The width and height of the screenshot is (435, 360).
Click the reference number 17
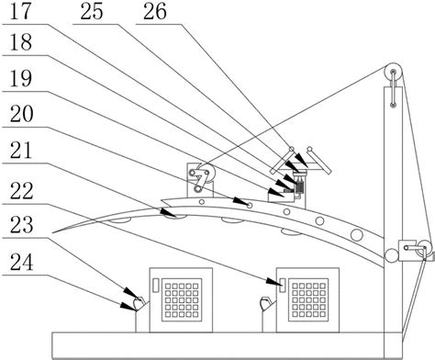point(21,12)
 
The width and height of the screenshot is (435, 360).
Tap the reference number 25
point(92,12)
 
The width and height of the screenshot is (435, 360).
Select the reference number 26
point(155,12)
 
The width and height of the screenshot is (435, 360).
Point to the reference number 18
point(21,42)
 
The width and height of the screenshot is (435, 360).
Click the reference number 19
point(21,78)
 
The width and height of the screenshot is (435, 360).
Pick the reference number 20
point(21,114)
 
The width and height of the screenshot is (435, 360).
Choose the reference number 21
point(21,150)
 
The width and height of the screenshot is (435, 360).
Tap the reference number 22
point(21,191)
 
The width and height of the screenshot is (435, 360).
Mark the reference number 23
point(21,224)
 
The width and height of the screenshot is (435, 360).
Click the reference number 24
point(21,263)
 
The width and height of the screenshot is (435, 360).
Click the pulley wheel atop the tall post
point(393,73)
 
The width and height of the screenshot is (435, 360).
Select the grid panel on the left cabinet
point(182,300)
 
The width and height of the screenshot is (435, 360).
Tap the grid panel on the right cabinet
point(308,300)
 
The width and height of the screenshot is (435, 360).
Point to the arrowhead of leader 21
point(169,213)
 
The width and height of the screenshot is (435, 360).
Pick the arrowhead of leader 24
point(128,307)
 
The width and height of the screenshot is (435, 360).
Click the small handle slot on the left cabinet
point(156,285)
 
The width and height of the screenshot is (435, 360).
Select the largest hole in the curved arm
point(357,235)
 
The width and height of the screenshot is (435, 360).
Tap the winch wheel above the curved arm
point(206,174)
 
